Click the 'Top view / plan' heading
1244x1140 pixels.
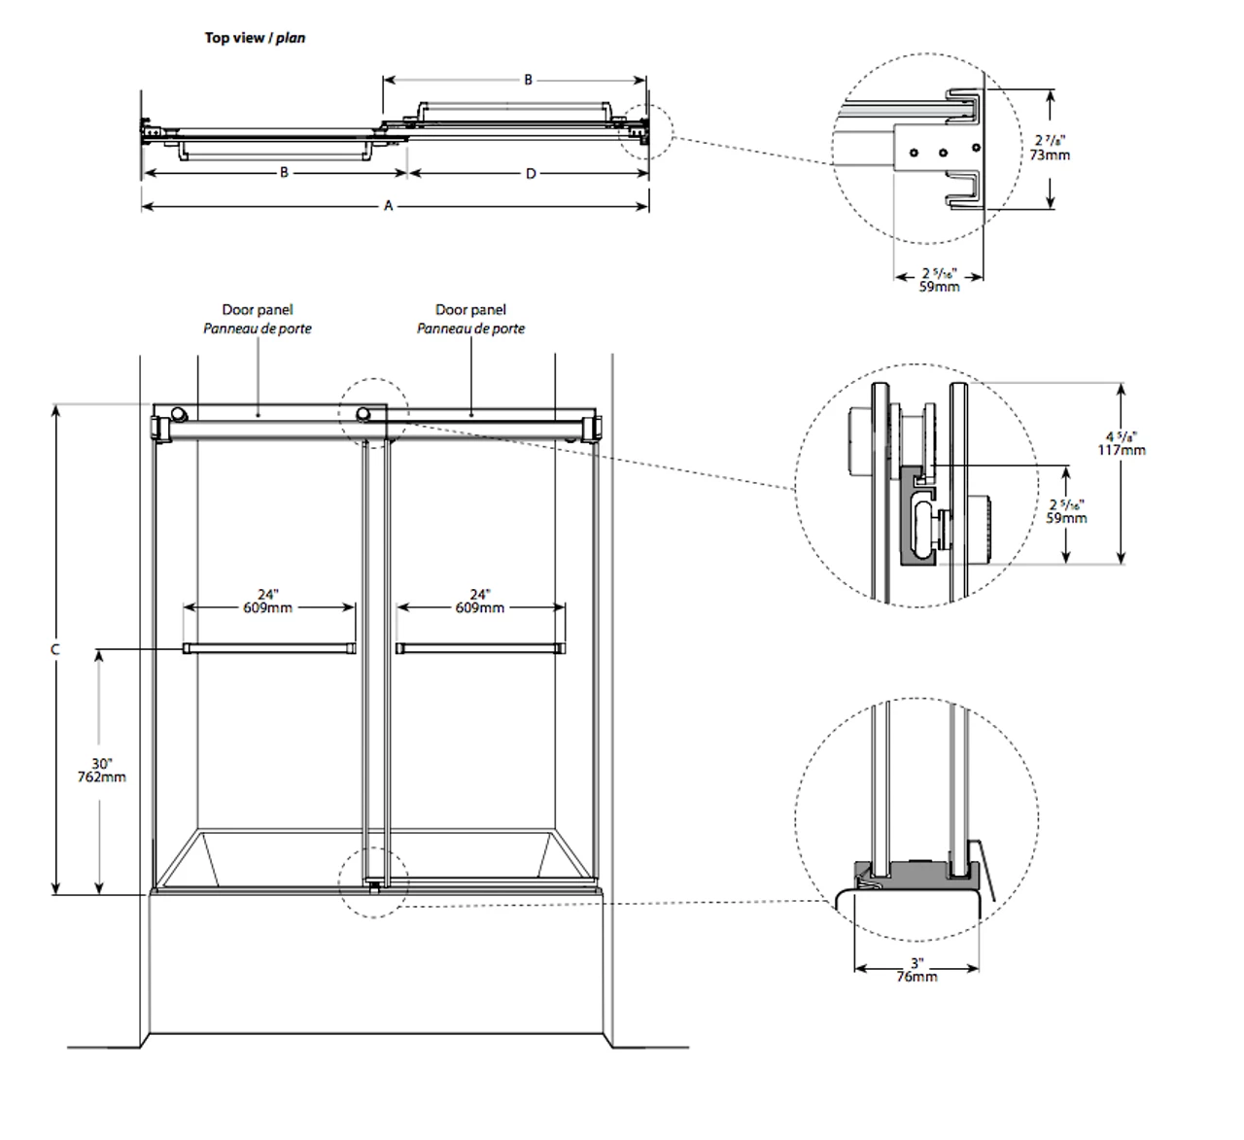pyautogui.click(x=255, y=38)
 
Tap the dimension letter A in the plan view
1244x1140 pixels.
pyautogui.click(x=389, y=206)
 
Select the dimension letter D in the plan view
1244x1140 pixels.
pyautogui.click(x=531, y=174)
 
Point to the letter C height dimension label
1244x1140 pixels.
pyautogui.click(x=55, y=649)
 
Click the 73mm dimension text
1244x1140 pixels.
pyautogui.click(x=1050, y=155)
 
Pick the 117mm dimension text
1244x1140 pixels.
pyautogui.click(x=1121, y=450)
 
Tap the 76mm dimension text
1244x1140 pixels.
pyautogui.click(x=916, y=977)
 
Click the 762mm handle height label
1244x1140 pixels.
pyautogui.click(x=102, y=777)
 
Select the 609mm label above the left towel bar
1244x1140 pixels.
pyautogui.click(x=268, y=607)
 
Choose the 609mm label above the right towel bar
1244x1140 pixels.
pyautogui.click(x=480, y=607)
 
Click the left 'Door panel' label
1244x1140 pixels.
pyautogui.click(x=258, y=310)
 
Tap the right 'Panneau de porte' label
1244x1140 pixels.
pyautogui.click(x=471, y=328)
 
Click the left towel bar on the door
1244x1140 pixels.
pyautogui.click(x=269, y=648)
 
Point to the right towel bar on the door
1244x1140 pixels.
pyautogui.click(x=480, y=648)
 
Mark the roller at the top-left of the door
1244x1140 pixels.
pyautogui.click(x=178, y=415)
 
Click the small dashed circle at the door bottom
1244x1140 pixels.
pyautogui.click(x=373, y=881)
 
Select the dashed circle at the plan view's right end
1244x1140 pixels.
pyautogui.click(x=645, y=132)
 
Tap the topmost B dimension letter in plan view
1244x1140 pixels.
pyautogui.click(x=529, y=80)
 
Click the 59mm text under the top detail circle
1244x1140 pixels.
pyautogui.click(x=939, y=287)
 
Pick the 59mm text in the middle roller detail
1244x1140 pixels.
pyautogui.click(x=1066, y=518)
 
